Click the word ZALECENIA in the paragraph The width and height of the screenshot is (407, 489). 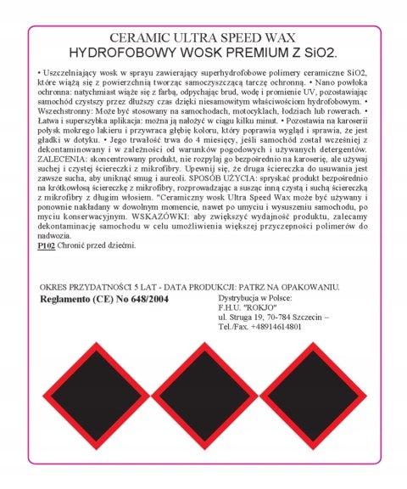click(x=67, y=158)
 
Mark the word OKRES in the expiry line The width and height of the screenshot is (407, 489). click(x=53, y=288)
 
